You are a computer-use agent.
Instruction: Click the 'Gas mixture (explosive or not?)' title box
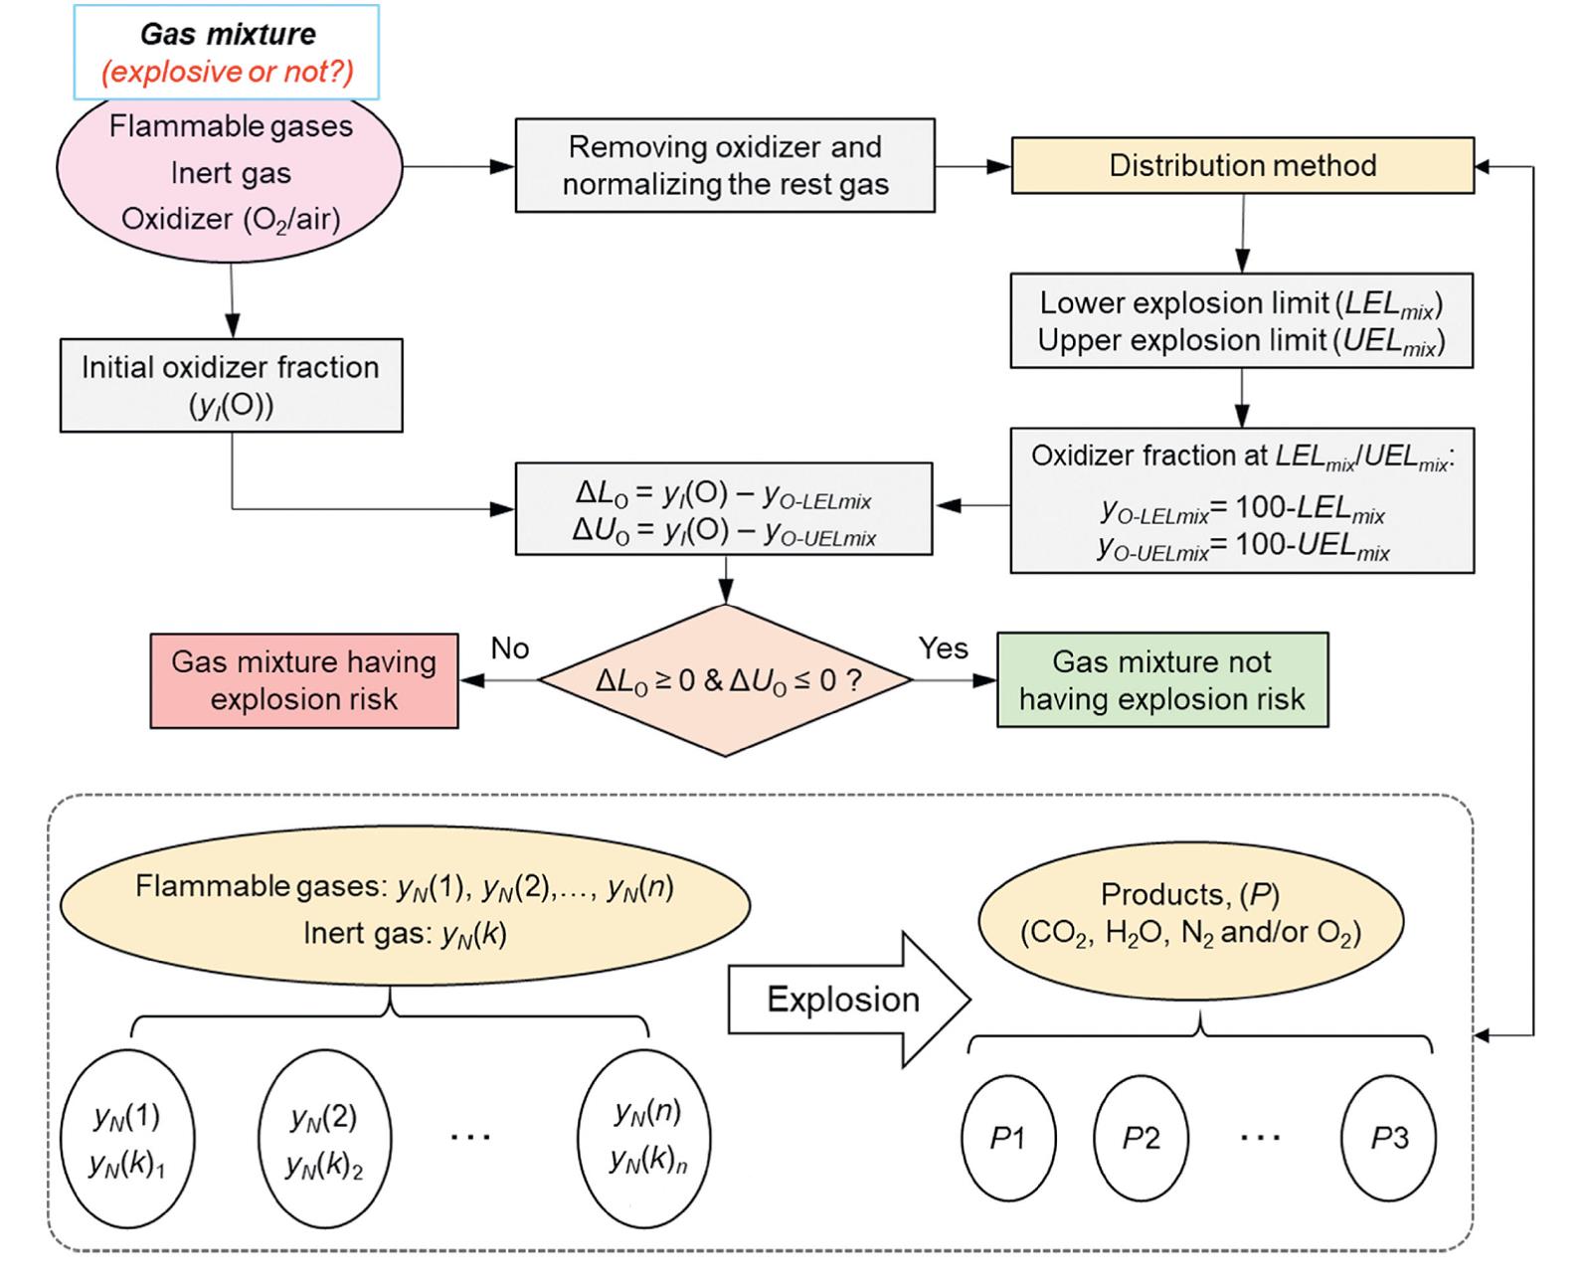tap(227, 52)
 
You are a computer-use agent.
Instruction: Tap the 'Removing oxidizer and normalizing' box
tap(725, 165)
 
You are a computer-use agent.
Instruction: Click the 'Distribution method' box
tap(1242, 165)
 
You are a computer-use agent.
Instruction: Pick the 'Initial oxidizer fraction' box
tap(231, 385)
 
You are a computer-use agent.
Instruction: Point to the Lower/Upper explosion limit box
tap(1241, 320)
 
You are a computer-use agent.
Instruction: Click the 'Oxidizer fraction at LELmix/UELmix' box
tap(1242, 500)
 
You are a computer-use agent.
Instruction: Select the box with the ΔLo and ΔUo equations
tap(724, 508)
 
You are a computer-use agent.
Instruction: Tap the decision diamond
tap(726, 680)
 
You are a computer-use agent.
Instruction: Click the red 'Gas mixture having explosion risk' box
tap(304, 680)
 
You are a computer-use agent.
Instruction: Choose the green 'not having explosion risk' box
tap(1161, 680)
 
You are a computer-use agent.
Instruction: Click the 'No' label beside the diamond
tap(510, 648)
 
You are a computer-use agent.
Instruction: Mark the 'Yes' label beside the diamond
tap(943, 648)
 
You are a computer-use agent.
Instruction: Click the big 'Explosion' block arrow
tap(845, 999)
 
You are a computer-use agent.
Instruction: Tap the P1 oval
tap(1008, 1138)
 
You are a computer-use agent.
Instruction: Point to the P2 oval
tap(1141, 1138)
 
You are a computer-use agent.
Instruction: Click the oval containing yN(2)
tap(324, 1138)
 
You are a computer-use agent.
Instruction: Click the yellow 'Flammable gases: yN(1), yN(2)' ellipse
tap(405, 907)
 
